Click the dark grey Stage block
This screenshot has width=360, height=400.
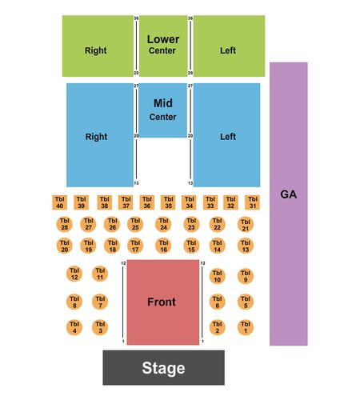coord(163,367)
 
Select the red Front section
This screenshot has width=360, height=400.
coord(163,302)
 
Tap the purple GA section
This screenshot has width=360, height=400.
coord(289,204)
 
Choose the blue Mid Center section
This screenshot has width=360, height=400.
coord(163,110)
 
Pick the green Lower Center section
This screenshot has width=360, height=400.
coord(163,46)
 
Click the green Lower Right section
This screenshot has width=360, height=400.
coord(98,46)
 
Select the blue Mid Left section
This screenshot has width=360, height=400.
coord(226,135)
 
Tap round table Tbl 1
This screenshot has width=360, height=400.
coord(246,327)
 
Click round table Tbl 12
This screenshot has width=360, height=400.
coord(74,274)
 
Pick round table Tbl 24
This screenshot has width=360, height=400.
coord(163,224)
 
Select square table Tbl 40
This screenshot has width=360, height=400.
coord(59,202)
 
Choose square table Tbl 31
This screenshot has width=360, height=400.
coord(252,202)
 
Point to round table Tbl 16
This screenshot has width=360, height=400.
coord(163,246)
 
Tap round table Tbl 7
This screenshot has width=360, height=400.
coord(100,302)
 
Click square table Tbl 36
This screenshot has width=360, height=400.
coord(147,202)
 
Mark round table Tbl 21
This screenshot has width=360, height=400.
coord(246,225)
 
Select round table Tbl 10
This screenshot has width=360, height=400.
coord(218,276)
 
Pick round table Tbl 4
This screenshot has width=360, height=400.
coord(74,327)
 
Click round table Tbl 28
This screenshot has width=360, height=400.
coord(65,224)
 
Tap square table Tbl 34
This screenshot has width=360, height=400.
coord(189,202)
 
